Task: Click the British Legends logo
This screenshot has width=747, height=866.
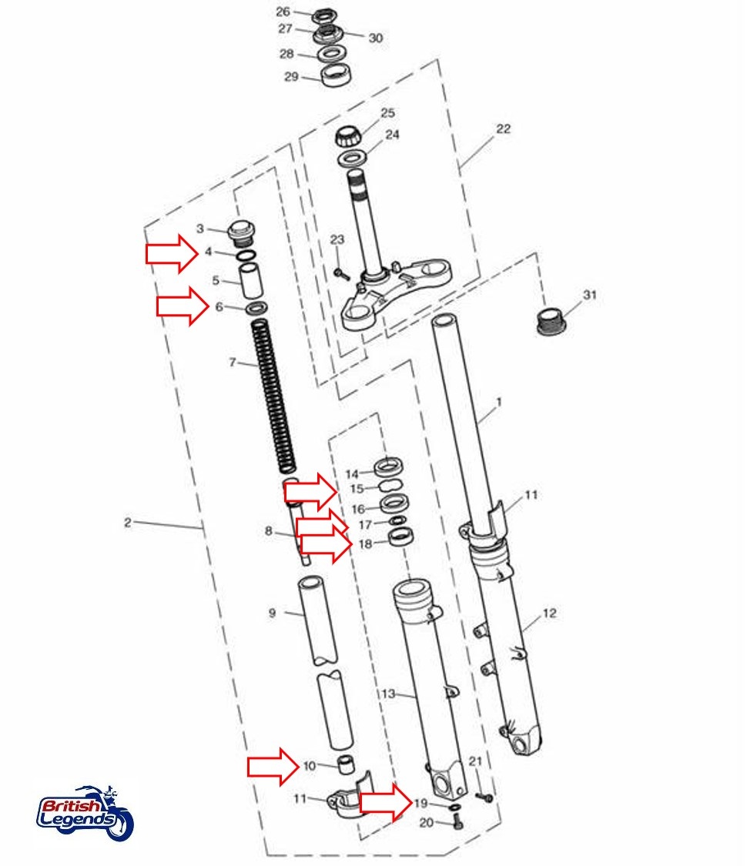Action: pos(85,814)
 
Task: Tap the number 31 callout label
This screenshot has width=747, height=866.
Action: pos(590,295)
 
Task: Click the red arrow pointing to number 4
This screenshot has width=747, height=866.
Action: pos(173,254)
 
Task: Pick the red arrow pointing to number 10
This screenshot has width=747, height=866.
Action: pos(273,766)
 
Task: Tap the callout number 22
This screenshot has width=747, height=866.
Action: pos(502,129)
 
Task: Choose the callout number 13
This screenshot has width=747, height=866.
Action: pos(387,694)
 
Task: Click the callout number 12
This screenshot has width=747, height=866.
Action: pos(548,614)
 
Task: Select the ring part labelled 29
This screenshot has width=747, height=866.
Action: pos(333,77)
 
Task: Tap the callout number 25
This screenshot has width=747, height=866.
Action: pos(387,113)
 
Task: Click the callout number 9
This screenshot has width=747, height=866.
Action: pos(272,614)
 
